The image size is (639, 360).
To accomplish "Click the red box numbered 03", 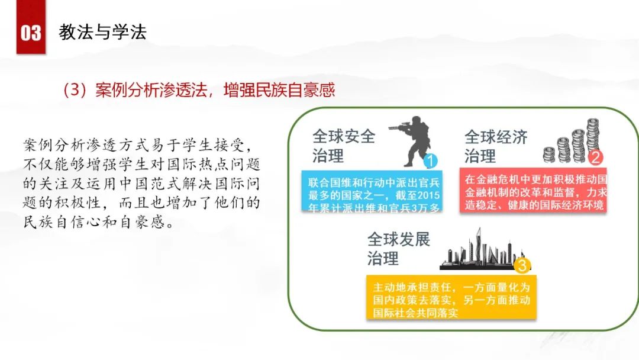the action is (31, 27).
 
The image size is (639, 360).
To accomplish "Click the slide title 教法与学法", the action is (103, 32).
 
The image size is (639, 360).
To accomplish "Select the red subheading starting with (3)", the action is (198, 89).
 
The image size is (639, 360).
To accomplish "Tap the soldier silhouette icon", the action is (410, 141).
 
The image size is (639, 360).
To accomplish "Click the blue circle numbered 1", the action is (430, 160).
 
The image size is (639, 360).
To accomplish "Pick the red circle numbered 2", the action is (595, 157).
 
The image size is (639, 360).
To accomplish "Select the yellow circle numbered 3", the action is (522, 265).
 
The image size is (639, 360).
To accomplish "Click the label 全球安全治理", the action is (344, 146).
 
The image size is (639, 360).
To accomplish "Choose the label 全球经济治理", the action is (496, 146).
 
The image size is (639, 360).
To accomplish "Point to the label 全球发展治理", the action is (399, 249).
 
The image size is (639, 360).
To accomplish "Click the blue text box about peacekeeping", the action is (372, 191).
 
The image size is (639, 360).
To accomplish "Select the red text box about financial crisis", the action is (533, 190).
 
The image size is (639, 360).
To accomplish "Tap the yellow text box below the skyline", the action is (451, 297).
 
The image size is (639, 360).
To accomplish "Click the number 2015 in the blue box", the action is (428, 195).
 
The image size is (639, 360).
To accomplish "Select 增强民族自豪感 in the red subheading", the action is (279, 89).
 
